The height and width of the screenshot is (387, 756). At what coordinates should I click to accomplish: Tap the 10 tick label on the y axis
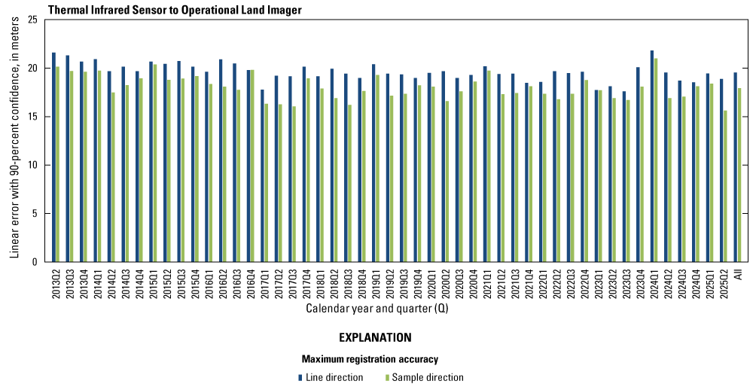[x=32, y=165]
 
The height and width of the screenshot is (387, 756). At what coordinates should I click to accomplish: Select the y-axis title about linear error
[x=14, y=141]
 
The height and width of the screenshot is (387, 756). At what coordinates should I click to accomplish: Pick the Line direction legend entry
[x=331, y=377]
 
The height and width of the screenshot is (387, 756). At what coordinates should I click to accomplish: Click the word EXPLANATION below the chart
[x=374, y=337]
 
